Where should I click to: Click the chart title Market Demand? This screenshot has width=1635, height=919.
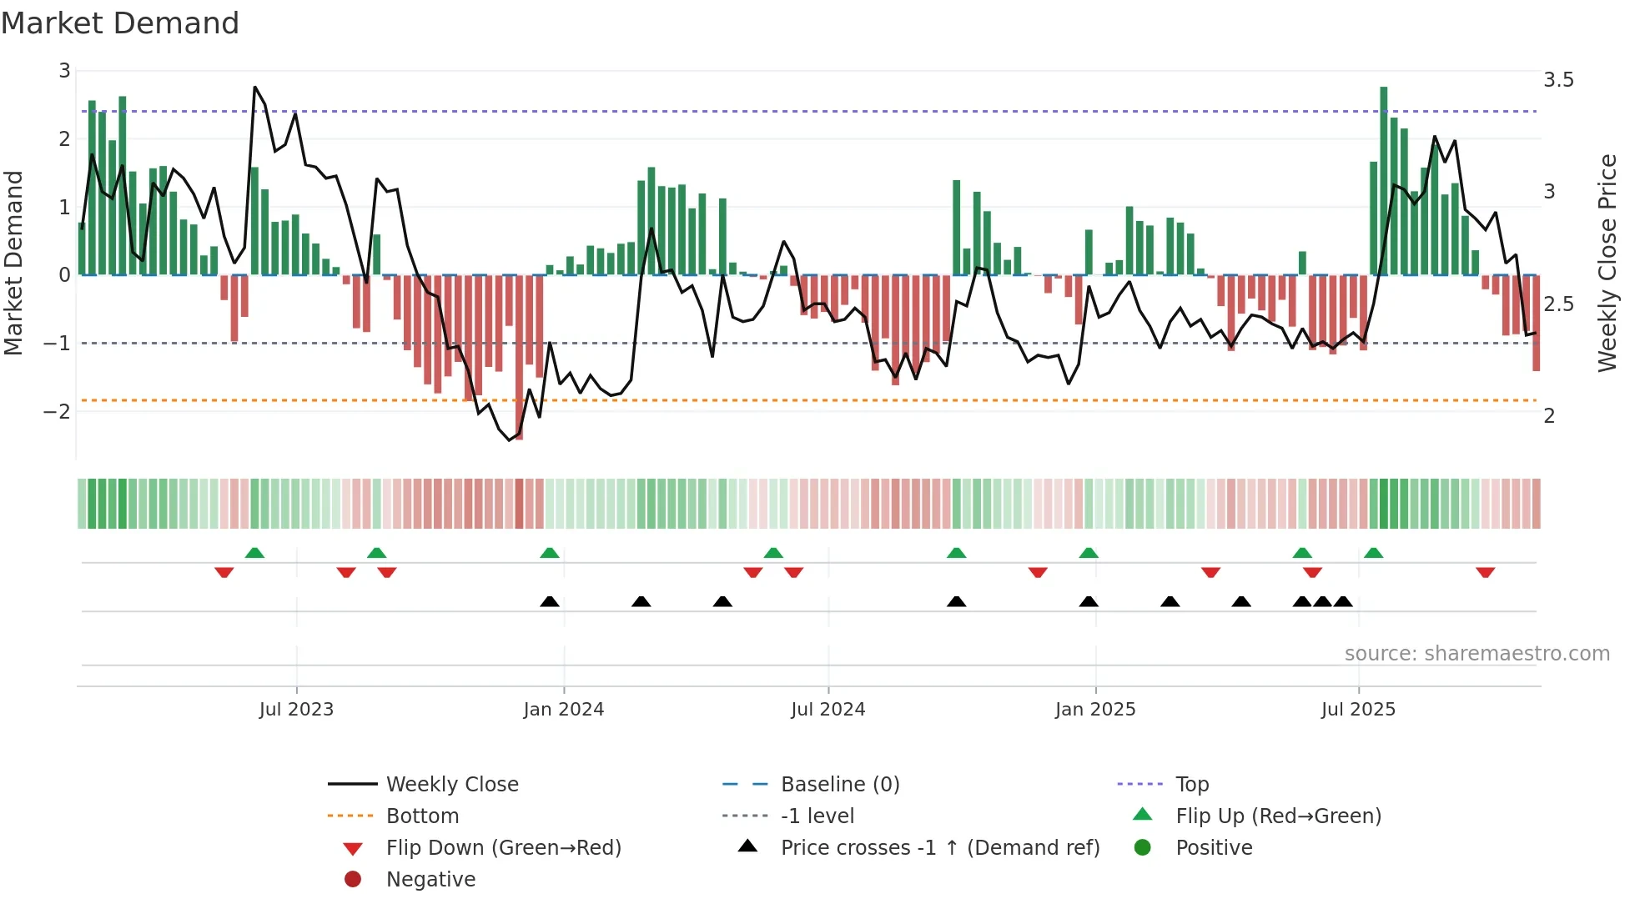coord(120,23)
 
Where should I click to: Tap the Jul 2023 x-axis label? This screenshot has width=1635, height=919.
coord(296,710)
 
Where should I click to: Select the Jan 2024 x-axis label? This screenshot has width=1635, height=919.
coord(563,710)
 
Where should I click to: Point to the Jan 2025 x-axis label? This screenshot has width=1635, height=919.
coord(1094,710)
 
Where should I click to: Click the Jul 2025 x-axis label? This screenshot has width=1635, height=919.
coord(1358,710)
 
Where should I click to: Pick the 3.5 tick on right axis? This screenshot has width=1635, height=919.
coord(1558,80)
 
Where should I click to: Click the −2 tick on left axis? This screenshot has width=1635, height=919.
coord(57,412)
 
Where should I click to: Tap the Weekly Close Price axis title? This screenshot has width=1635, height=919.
coord(1607,263)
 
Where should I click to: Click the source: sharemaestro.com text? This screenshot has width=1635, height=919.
coord(1477,654)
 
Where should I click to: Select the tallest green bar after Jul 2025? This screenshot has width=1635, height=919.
coord(1383,180)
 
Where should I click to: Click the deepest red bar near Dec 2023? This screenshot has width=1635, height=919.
coord(519,357)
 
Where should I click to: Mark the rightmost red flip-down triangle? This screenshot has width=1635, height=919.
coord(1485,573)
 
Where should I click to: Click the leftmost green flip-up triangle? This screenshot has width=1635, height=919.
coord(254,553)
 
